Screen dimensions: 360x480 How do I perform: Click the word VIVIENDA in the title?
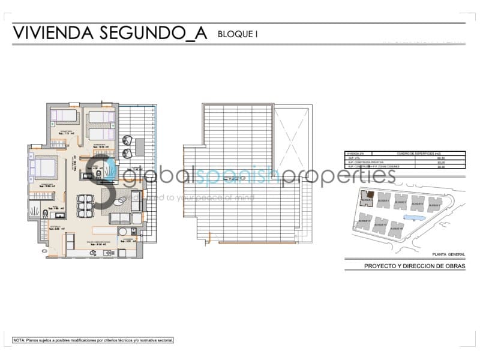(51, 33)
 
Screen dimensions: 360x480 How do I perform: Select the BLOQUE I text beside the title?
(238, 34)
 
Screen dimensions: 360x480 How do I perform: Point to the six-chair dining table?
(85, 205)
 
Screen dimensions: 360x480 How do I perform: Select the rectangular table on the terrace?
(139, 146)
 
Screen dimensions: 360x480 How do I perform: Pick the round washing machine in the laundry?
(123, 232)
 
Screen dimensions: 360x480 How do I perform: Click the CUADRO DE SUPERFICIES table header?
(413, 154)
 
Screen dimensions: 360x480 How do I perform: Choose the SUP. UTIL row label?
(352, 158)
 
